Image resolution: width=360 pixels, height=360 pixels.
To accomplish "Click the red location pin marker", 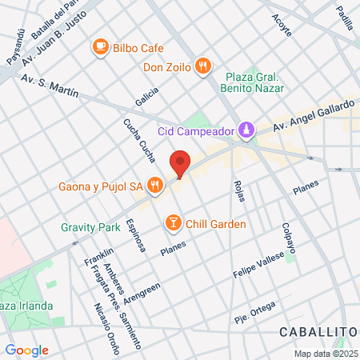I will tap(180, 162).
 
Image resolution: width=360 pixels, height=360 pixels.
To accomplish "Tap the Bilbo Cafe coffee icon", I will tap(101, 47).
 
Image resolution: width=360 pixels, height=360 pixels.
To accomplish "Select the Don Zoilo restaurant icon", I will tap(204, 67).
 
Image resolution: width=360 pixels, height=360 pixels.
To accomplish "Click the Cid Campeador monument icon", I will tap(246, 130).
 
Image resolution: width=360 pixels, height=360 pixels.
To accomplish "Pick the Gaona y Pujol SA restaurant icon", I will tap(156, 187).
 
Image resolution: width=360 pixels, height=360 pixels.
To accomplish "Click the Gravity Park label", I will tap(90, 227).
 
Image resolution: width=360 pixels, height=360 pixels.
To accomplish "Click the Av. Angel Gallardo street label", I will tap(312, 117).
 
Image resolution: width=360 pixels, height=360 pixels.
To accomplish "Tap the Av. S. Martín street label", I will tap(50, 86).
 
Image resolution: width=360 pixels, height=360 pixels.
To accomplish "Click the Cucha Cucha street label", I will tap(134, 137).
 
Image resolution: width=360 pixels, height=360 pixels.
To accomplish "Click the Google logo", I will tap(26, 350).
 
